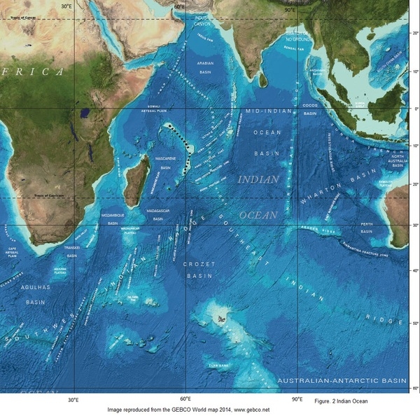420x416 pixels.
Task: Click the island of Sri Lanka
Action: (263, 81)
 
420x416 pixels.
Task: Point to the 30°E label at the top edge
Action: (66, 6)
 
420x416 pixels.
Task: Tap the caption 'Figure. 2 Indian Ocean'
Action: (341, 400)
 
